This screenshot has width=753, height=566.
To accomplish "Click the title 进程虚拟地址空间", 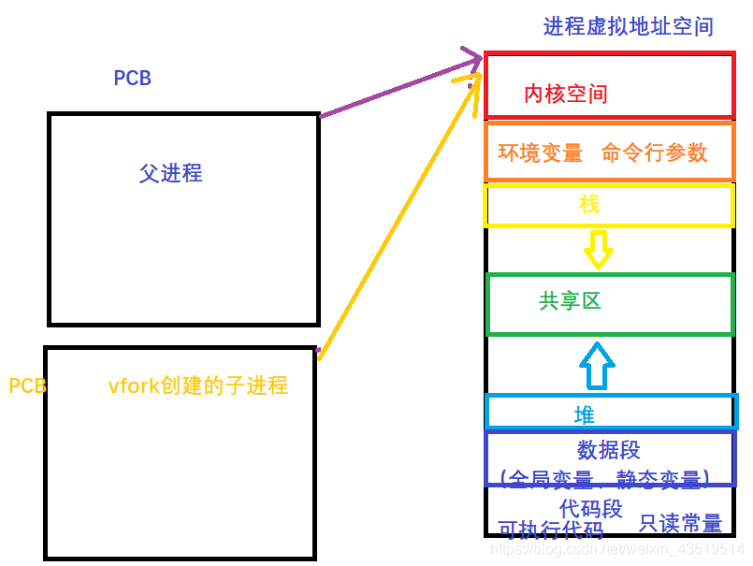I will coord(628,26).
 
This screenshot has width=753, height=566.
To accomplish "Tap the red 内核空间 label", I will coord(566,94).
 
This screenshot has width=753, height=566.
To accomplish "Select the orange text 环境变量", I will coord(541,152).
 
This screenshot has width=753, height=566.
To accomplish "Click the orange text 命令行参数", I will coord(655,152).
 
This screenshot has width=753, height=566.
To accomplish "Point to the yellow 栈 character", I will coord(589,205).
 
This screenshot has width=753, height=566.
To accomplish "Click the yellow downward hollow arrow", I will coord(598,249).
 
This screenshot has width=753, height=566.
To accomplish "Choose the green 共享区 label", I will coord(570,300).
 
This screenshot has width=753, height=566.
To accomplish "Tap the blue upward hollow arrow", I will coord(598,365).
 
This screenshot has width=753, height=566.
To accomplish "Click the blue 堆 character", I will coord(585,414).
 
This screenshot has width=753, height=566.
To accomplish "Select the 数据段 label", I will coord(609,450).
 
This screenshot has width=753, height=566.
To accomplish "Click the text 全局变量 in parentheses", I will coord(550,480).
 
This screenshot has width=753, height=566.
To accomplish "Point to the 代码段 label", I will coord(591,508).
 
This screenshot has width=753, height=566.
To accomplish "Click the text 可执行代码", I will coord(551,530).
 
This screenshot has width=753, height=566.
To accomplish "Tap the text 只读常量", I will coord(680,523).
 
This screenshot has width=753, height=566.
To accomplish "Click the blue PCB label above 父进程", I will coord(133,79).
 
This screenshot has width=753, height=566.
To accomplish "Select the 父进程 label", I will coord(171,173).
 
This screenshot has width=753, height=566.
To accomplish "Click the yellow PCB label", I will coord(27,385).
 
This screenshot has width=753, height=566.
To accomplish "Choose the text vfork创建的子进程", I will coord(197,385).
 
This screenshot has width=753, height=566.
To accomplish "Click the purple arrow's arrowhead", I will coord(473,65).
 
